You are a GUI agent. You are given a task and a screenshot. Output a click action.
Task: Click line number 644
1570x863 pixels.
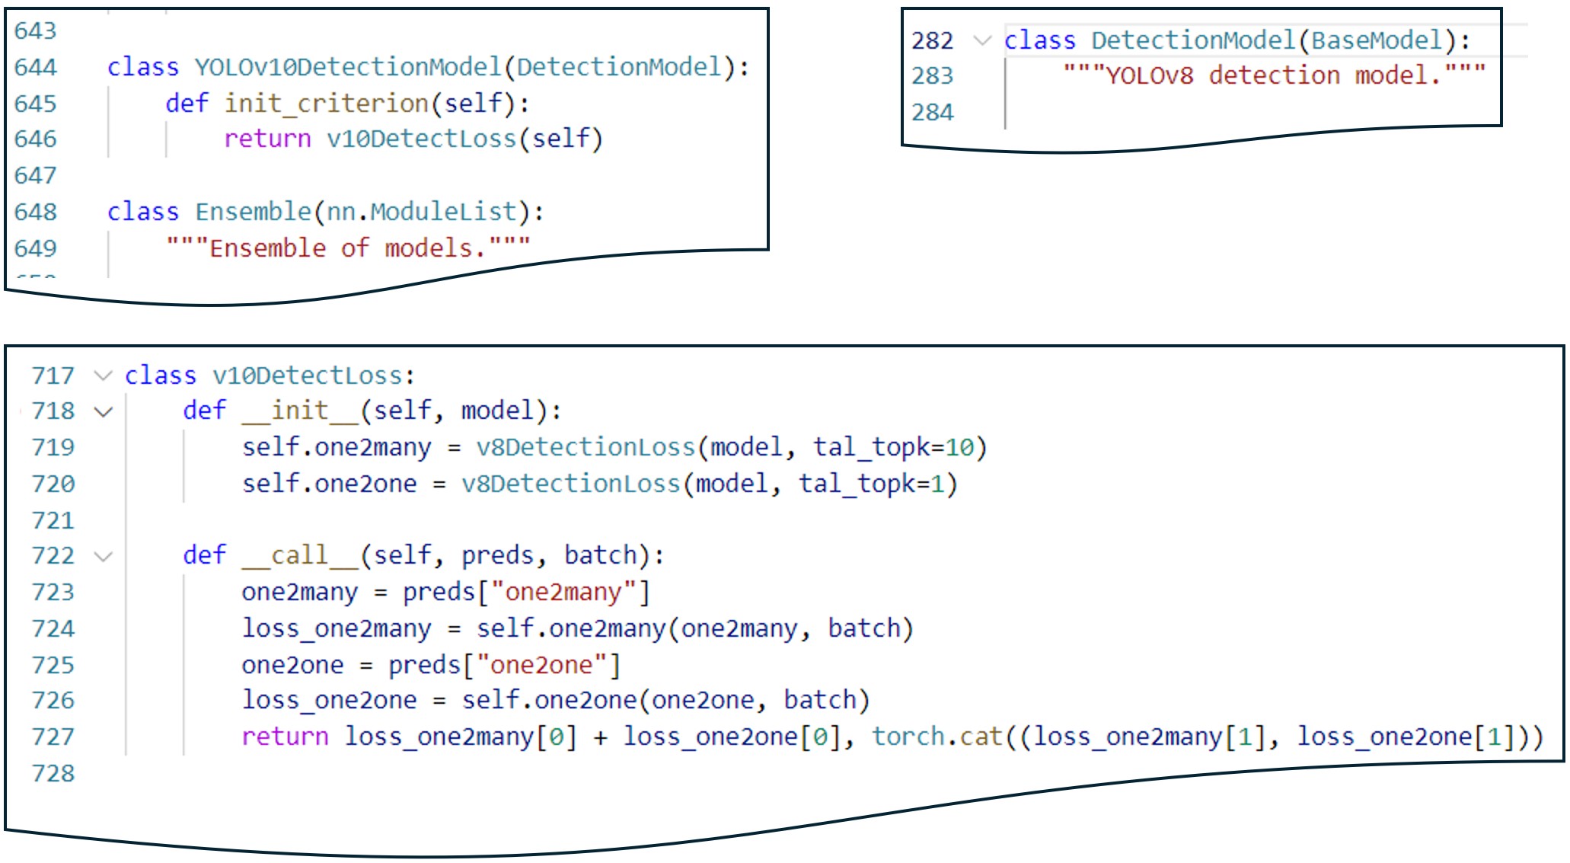coord(35,67)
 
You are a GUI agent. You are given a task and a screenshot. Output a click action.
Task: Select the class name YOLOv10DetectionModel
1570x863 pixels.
coord(347,67)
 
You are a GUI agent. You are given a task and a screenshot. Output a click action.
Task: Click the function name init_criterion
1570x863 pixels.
coord(326,104)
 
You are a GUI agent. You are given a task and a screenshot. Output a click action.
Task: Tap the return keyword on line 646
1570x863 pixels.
coord(267,139)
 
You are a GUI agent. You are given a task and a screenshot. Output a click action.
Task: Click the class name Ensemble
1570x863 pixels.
coord(253,212)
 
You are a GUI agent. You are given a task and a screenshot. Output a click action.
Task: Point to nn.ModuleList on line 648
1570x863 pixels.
coord(422,212)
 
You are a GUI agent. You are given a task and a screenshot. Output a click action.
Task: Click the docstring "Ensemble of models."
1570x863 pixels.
coord(348,248)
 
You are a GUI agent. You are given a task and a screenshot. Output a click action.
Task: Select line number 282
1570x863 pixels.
coord(932,40)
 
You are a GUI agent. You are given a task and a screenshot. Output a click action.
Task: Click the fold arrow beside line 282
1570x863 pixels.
coord(983,40)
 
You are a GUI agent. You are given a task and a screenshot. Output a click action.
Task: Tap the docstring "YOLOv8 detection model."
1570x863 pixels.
coord(1274,75)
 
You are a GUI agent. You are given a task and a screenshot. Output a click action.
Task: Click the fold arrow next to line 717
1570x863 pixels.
coord(103,376)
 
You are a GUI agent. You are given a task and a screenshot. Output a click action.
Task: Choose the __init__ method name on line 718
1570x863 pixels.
coord(300,411)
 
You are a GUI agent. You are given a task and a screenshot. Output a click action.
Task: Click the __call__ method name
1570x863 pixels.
coord(300,555)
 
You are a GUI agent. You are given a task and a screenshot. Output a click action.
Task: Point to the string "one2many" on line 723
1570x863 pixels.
coord(563,592)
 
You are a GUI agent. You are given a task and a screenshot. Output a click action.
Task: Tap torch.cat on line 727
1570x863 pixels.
coord(937,737)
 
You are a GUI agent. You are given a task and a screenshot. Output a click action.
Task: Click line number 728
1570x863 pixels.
coord(53,774)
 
